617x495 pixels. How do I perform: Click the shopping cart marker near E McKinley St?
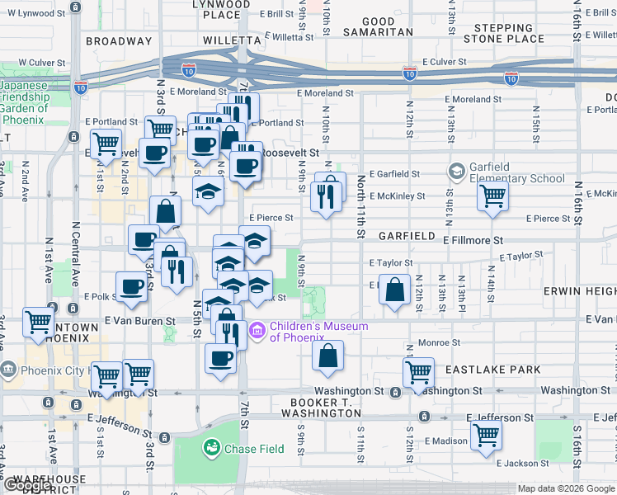tap(492, 196)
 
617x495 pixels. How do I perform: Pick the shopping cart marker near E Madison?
tap(486, 432)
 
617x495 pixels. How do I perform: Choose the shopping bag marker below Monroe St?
tap(327, 356)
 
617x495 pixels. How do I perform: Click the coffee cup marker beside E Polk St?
tap(132, 287)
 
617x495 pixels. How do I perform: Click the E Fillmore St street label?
tap(473, 240)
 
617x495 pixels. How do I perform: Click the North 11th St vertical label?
tap(360, 207)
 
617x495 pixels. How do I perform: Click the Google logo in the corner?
tap(26, 486)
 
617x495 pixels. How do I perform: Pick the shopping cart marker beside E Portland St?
tap(106, 144)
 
